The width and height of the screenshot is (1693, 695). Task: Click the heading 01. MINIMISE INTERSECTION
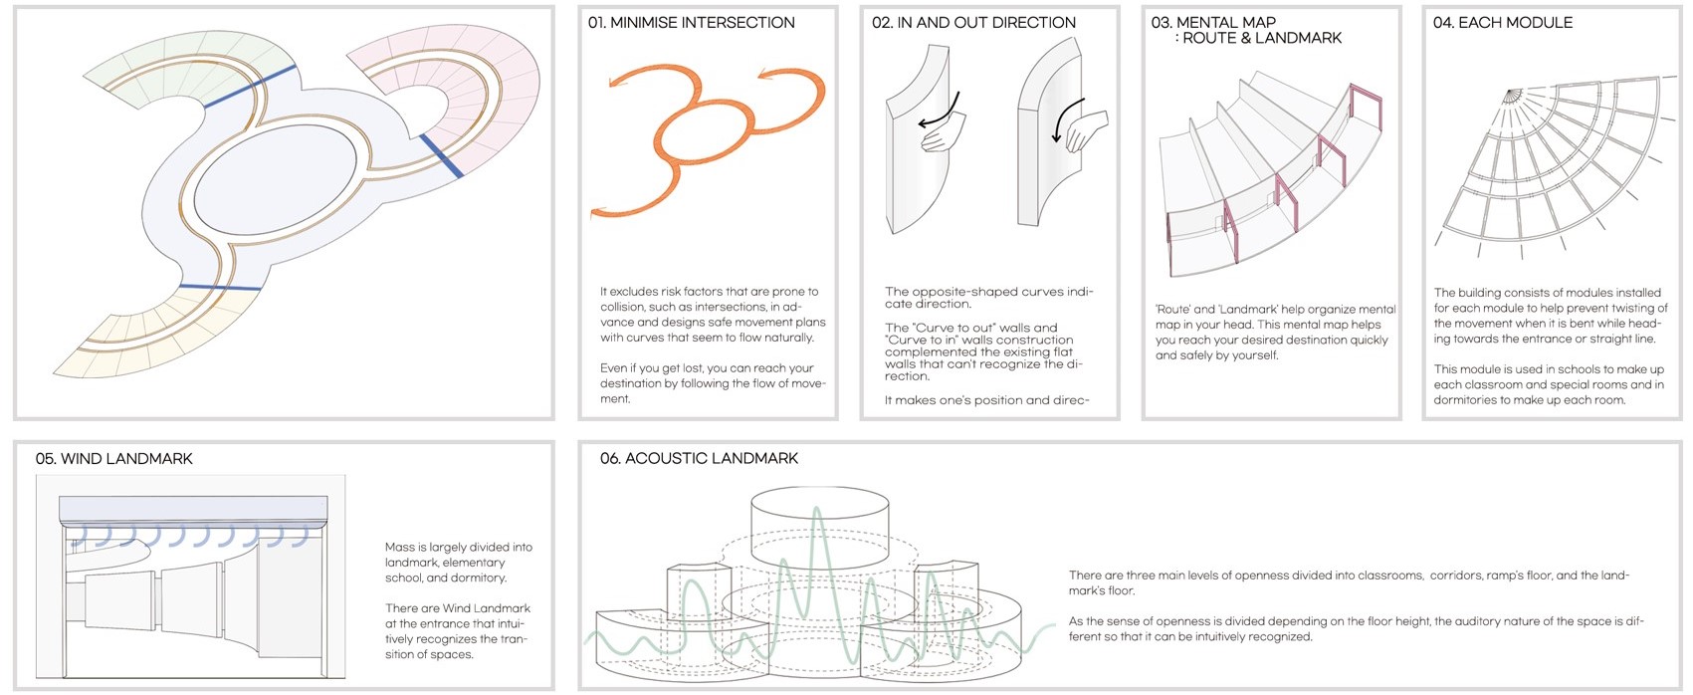coord(691,22)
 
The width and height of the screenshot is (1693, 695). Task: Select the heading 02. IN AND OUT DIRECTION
coord(973,22)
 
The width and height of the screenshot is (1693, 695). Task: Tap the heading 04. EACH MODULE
coord(1502,22)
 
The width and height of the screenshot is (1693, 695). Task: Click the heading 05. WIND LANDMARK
coord(113,458)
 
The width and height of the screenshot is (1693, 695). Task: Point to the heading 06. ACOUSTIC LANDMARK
coord(699,458)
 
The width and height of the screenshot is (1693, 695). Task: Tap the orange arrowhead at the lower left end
coord(599,212)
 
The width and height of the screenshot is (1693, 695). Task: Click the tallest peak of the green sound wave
coord(817,512)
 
